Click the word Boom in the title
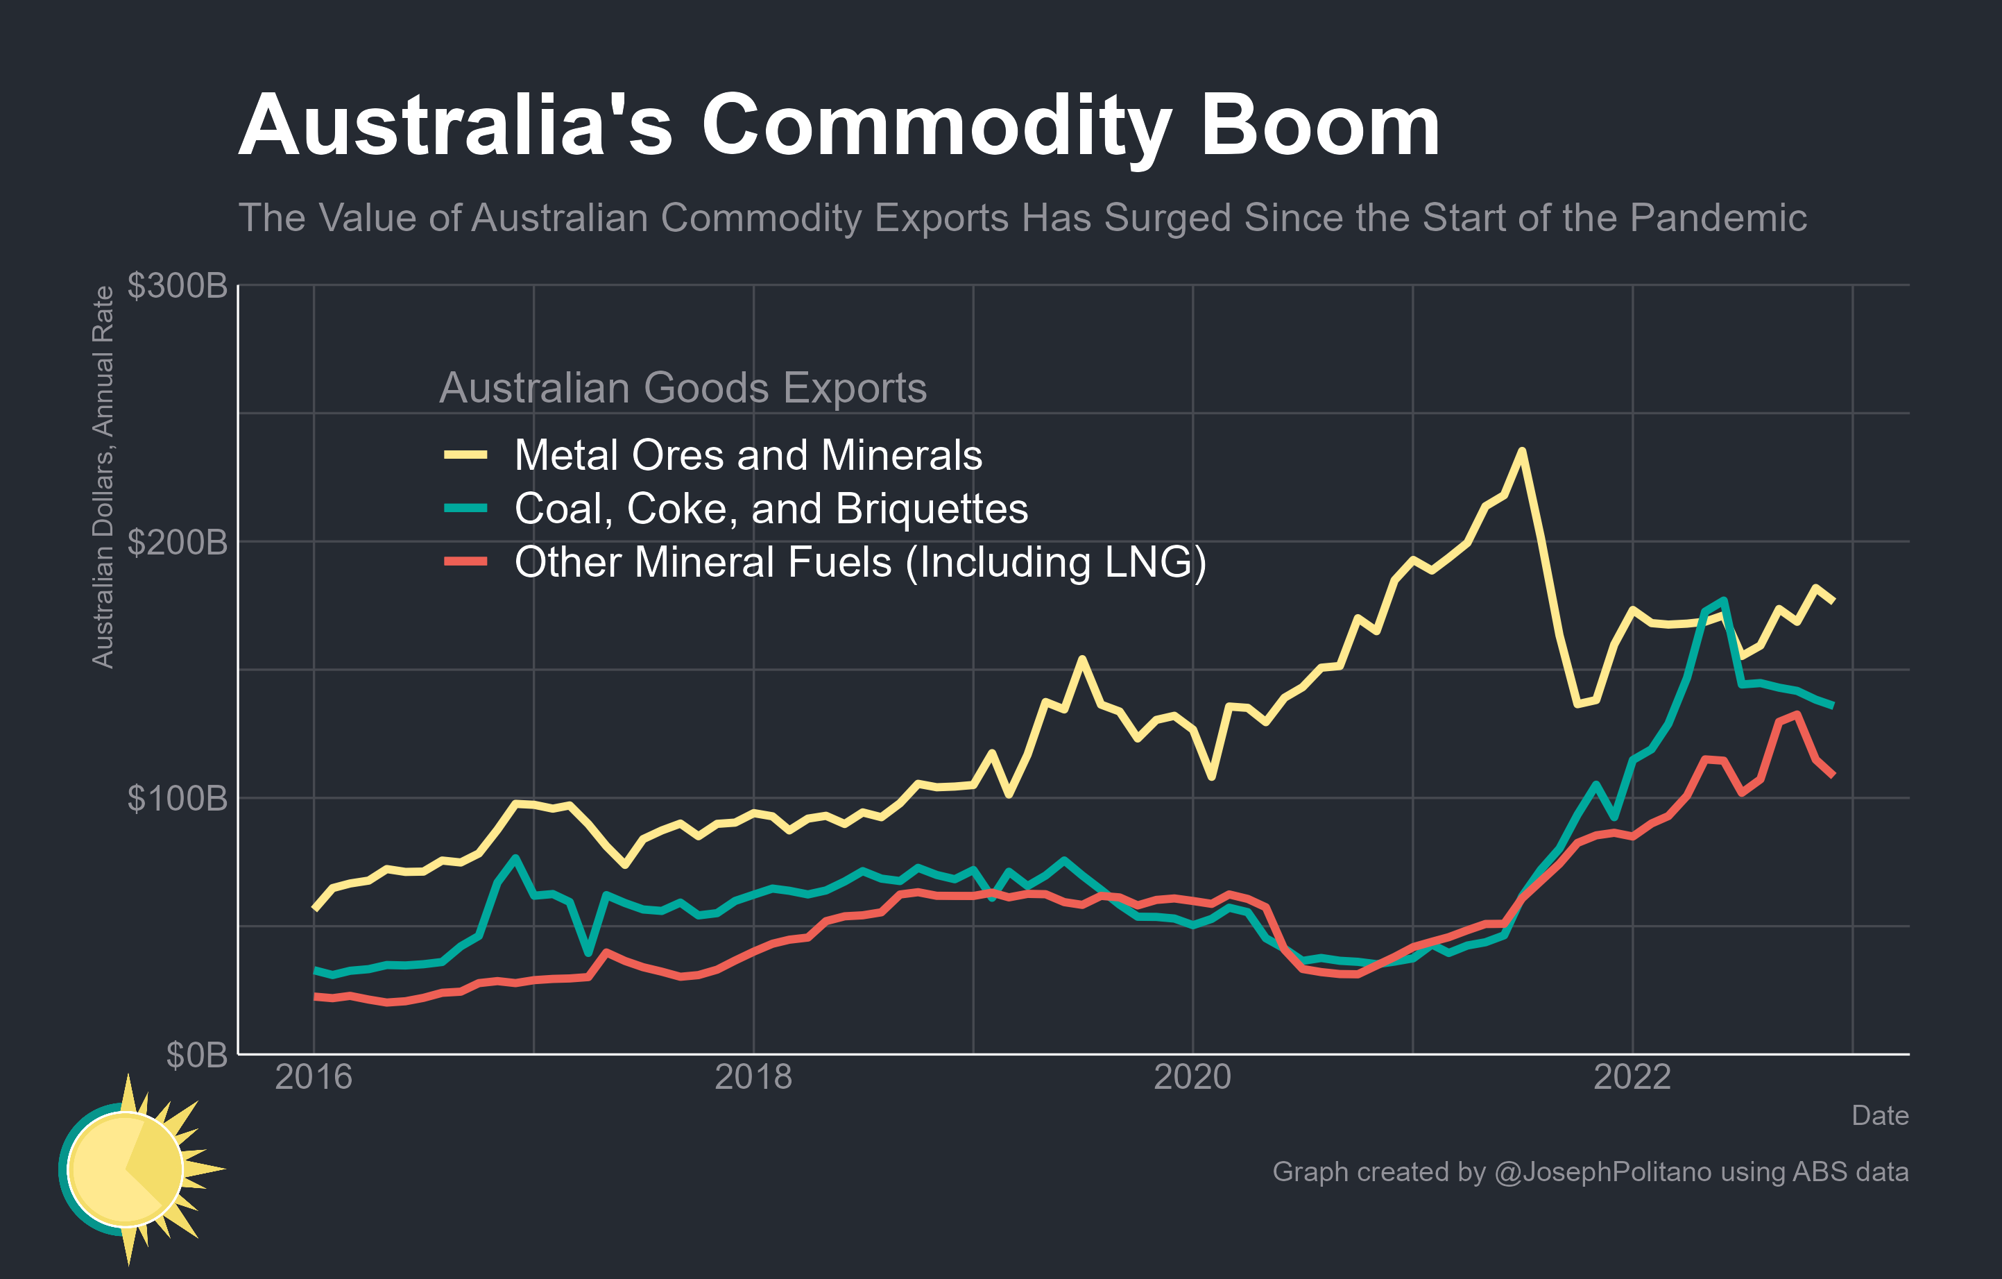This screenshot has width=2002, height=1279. (x=1319, y=126)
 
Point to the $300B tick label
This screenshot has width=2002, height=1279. (x=177, y=285)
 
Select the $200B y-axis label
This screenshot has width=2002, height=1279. (x=177, y=542)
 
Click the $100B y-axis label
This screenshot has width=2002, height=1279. (x=177, y=798)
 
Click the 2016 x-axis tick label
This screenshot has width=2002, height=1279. (x=314, y=1078)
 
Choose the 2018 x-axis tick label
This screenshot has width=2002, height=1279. (x=753, y=1078)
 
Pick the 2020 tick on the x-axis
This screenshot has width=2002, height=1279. (x=1192, y=1078)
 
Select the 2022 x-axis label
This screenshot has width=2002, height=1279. (x=1632, y=1078)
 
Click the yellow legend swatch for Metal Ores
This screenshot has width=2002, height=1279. (x=465, y=454)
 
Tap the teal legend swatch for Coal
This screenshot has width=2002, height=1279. (x=465, y=507)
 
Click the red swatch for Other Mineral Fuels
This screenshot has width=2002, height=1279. (x=465, y=561)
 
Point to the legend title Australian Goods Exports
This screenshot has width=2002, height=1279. (x=683, y=387)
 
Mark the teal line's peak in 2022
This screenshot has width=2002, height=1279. (x=1725, y=600)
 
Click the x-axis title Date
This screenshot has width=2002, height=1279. (x=1880, y=1115)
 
